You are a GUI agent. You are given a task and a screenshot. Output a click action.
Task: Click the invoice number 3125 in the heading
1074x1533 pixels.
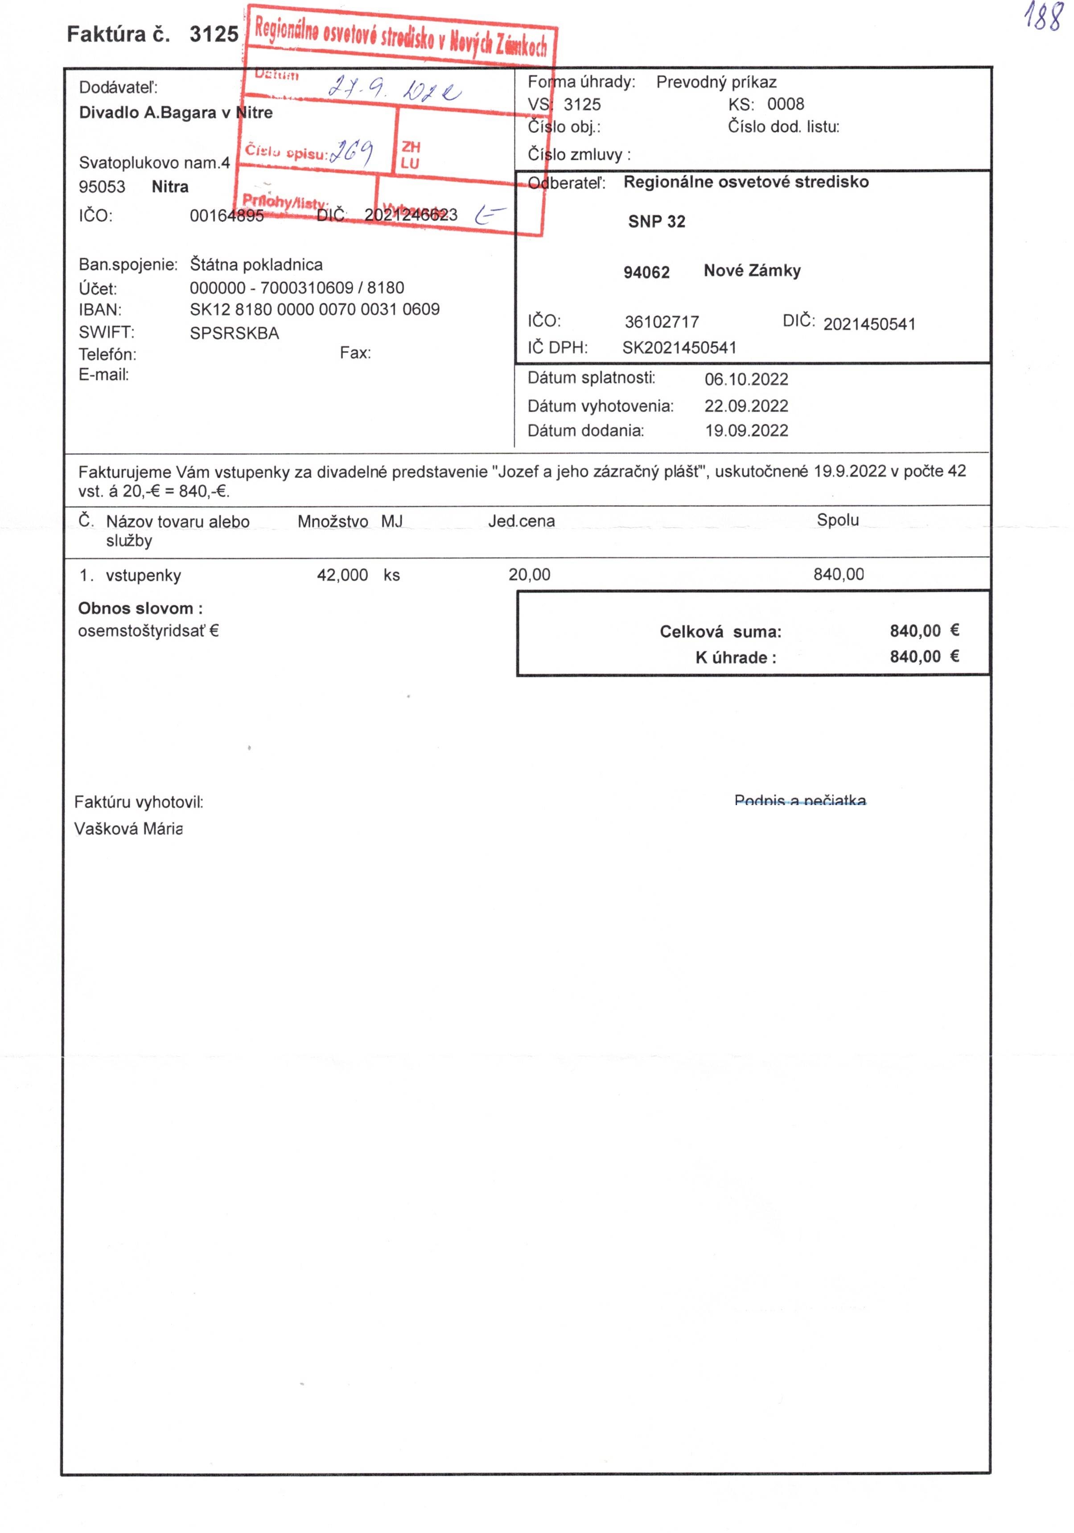(214, 34)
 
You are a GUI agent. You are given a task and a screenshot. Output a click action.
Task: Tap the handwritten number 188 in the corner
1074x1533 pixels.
(1043, 18)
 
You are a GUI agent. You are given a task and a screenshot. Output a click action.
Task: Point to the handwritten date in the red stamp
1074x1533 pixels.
(394, 90)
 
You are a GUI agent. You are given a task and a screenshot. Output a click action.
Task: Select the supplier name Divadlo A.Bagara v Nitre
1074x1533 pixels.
(176, 112)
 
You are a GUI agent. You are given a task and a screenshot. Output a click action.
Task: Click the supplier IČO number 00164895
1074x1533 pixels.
(226, 216)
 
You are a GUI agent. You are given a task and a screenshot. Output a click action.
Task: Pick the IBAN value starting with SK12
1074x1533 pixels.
(314, 310)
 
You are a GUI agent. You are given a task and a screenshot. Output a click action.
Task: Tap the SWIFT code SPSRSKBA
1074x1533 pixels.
(235, 333)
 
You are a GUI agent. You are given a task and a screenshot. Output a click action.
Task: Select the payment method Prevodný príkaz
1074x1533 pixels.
(716, 82)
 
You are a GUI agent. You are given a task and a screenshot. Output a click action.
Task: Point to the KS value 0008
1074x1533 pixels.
(785, 104)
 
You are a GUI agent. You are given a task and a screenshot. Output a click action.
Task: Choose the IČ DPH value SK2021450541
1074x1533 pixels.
(679, 348)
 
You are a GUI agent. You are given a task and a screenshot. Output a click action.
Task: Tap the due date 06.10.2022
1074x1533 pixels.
(746, 379)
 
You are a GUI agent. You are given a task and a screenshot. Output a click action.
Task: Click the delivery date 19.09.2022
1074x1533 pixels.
(746, 431)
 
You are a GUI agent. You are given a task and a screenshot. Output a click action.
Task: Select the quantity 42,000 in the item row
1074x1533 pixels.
(342, 575)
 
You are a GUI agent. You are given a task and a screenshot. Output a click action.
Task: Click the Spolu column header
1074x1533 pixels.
(838, 520)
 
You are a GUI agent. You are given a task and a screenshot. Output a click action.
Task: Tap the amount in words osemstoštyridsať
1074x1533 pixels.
(148, 631)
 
